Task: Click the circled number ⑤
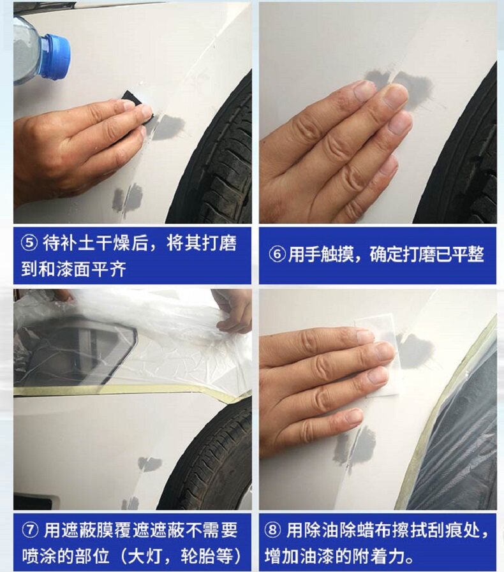coord(29,243)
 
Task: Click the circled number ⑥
coord(277,254)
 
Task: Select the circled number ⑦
coord(30,531)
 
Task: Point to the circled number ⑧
coord(272,531)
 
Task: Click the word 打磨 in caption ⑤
coord(219,243)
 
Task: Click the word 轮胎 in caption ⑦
coord(198,557)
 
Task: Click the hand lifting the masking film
coord(232,310)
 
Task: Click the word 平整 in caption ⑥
coord(468,254)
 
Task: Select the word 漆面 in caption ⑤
coord(73,269)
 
